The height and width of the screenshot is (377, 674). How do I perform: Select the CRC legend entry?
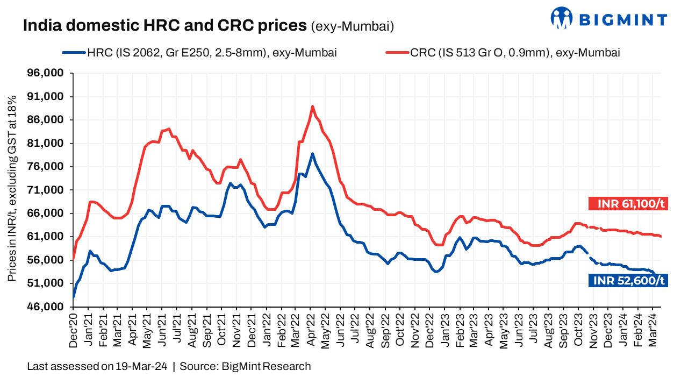coord(503,53)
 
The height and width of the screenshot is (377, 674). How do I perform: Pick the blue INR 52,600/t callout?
coord(628,280)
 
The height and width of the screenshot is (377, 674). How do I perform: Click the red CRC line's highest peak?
coord(312,106)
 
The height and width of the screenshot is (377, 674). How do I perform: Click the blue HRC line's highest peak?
coord(312,154)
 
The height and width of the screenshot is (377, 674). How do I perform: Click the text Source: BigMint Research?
coord(245,367)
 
